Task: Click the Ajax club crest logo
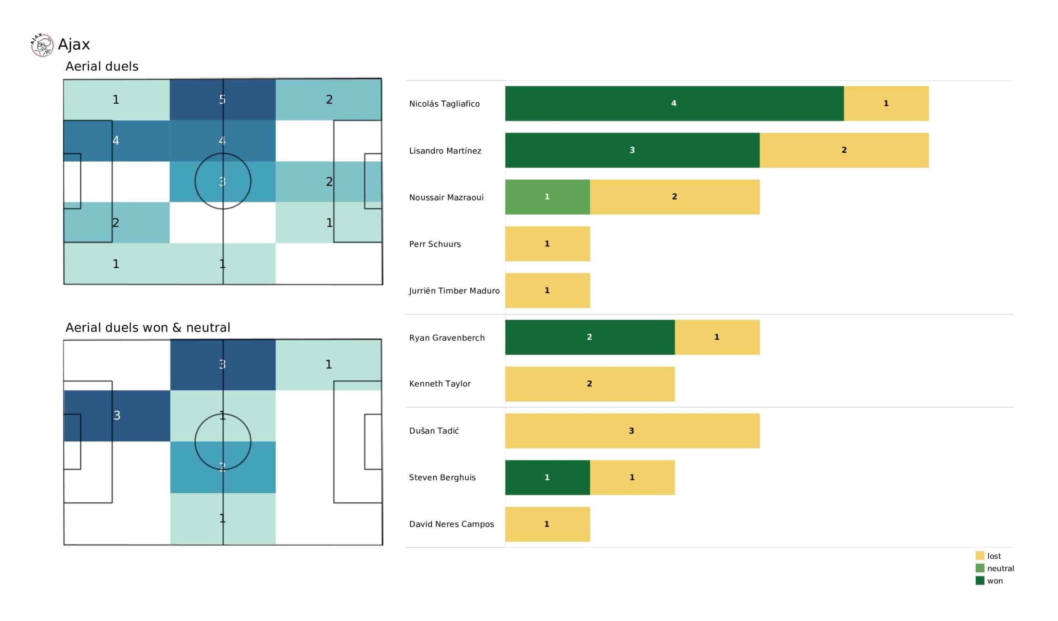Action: click(42, 45)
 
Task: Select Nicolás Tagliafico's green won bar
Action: click(674, 104)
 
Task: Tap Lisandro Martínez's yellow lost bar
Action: click(844, 150)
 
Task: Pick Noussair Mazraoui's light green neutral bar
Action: click(547, 197)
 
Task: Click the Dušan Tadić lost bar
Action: click(632, 431)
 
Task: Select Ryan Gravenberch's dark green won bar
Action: click(589, 337)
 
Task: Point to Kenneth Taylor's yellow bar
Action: click(589, 384)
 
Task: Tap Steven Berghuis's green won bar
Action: click(547, 477)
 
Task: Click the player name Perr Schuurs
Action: click(434, 244)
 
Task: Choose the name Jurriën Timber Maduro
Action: click(454, 291)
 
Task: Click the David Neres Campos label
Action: click(451, 524)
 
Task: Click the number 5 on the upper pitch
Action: click(222, 100)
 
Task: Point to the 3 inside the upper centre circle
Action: click(222, 182)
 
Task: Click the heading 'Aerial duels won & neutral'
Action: click(148, 327)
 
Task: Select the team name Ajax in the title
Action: click(74, 45)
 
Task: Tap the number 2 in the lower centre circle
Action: click(222, 467)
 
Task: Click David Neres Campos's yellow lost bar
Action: click(547, 524)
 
